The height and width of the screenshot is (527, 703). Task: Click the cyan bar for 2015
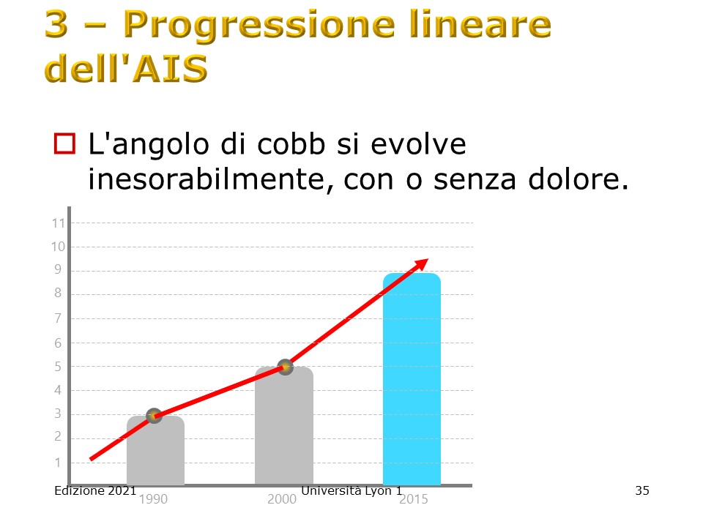tap(412, 378)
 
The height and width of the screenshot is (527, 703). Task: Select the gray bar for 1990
tap(155, 450)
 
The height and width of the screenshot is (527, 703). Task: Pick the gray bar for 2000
tap(284, 426)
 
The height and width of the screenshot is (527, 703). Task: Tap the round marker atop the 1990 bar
tap(154, 416)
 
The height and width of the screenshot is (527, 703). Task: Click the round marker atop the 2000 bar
tap(285, 367)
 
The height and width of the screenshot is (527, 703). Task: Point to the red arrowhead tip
tap(428, 259)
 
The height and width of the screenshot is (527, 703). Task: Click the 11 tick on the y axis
tap(59, 223)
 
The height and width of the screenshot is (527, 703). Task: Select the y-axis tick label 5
tap(58, 367)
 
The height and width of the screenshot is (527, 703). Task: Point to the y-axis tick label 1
tap(58, 463)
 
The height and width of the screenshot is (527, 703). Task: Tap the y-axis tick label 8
tap(58, 293)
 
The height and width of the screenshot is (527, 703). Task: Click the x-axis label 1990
tap(153, 498)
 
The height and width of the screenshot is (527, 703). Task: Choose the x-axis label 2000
tap(281, 498)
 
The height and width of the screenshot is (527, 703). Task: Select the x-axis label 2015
tap(413, 498)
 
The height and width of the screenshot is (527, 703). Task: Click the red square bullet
tap(64, 144)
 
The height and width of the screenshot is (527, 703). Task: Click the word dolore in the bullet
tap(578, 179)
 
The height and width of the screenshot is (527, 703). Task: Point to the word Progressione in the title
tap(258, 25)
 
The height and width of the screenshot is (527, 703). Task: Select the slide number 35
tap(642, 490)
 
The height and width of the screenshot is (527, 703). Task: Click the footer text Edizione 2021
tap(95, 490)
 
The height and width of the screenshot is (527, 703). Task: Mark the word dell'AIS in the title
tap(126, 68)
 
